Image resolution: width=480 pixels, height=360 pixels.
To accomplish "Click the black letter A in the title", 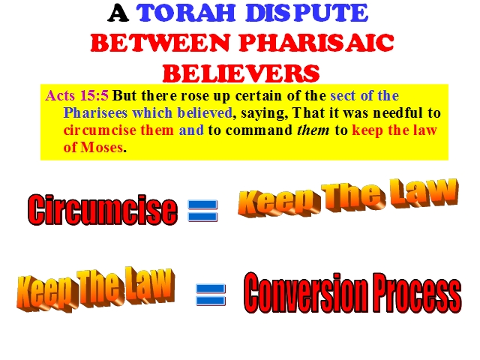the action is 118,13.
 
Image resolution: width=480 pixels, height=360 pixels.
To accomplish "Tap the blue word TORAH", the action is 185,13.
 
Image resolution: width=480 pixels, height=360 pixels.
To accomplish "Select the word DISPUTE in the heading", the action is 307,13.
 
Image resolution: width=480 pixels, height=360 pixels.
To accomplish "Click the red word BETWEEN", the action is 160,43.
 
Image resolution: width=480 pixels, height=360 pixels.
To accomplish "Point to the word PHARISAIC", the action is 316,43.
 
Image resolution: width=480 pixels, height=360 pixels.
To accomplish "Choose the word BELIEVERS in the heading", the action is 241,73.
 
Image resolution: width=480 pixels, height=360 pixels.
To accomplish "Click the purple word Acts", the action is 60,95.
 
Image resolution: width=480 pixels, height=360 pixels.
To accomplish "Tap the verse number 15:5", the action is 94,95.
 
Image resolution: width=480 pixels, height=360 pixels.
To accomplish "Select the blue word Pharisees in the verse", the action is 95,113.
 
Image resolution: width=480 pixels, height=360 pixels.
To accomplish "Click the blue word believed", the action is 205,113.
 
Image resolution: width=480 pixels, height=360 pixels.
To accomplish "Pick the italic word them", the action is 313,130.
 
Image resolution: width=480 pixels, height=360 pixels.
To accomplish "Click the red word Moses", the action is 102,148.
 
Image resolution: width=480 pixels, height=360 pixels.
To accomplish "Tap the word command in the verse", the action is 259,130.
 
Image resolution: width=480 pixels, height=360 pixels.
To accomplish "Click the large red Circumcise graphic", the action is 103,210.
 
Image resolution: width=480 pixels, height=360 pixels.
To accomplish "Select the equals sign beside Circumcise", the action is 202,211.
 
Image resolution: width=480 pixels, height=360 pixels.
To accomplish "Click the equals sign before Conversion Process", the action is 211,295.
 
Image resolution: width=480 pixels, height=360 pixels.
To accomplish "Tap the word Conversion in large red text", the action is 307,293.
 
